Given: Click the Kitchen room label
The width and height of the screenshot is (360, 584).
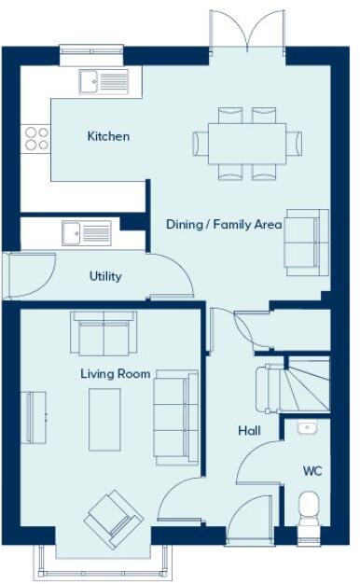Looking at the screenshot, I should [x=108, y=136].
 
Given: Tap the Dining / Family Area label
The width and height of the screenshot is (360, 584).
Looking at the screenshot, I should [x=223, y=225].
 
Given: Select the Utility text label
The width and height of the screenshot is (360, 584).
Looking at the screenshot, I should [x=105, y=276].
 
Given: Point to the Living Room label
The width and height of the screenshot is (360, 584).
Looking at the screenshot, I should [x=115, y=374].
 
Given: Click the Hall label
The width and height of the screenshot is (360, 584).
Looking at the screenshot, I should [x=248, y=431].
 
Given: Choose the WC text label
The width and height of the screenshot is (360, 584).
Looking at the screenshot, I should [x=312, y=471].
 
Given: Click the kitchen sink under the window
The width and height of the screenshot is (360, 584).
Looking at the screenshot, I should [x=104, y=81].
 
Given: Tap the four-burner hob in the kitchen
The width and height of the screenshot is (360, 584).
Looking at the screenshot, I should [x=36, y=138].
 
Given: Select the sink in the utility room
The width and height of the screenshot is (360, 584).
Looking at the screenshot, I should [x=86, y=232].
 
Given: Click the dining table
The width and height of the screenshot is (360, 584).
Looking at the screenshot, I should [x=247, y=143].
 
